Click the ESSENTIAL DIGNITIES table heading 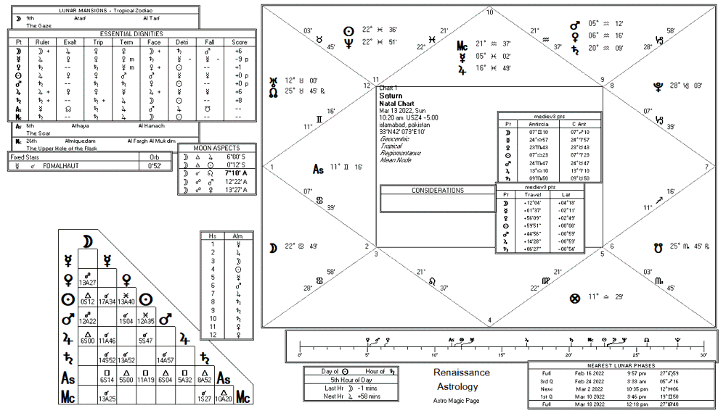pyautogui.click(x=131, y=33)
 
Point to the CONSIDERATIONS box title pyautogui.click(x=437, y=191)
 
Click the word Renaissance pyautogui.click(x=462, y=373)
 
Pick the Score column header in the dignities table pyautogui.click(x=237, y=43)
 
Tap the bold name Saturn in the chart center pyautogui.click(x=391, y=96)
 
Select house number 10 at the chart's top pyautogui.click(x=489, y=12)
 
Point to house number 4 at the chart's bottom pyautogui.click(x=489, y=320)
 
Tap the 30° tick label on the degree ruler pyautogui.click(x=703, y=355)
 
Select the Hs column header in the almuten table pyautogui.click(x=213, y=237)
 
